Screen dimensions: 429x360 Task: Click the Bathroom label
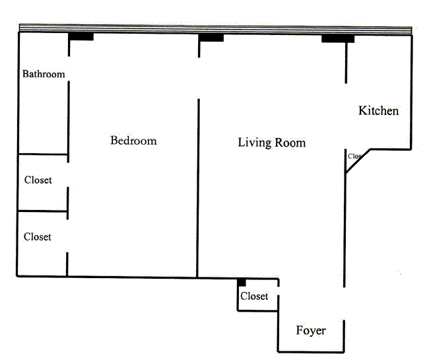[x=44, y=74]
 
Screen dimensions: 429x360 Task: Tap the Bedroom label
[x=133, y=141]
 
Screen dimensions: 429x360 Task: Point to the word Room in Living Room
[x=291, y=143]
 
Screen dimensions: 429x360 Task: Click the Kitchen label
[x=378, y=110]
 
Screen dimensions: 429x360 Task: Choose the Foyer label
[x=310, y=330]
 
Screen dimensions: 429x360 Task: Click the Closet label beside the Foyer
[x=254, y=297]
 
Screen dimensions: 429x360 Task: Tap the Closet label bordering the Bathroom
[x=38, y=180]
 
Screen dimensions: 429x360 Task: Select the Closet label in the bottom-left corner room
[x=37, y=236]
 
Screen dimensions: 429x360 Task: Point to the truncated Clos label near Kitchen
[x=354, y=157]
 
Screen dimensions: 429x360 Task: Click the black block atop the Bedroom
[x=81, y=36]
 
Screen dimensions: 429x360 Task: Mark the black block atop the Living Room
[x=211, y=37]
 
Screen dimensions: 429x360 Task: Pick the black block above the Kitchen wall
[x=338, y=38]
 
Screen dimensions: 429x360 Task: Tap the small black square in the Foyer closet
[x=242, y=282]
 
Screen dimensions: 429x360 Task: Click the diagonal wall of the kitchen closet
[x=357, y=162]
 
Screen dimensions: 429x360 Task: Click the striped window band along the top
[x=215, y=28]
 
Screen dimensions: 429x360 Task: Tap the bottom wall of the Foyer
[x=310, y=351]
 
